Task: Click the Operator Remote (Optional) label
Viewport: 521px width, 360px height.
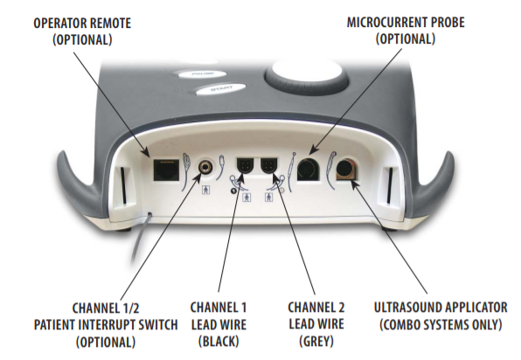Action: [82, 31]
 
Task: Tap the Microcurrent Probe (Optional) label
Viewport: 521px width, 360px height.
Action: [406, 31]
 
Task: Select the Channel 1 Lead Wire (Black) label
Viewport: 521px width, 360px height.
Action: [219, 324]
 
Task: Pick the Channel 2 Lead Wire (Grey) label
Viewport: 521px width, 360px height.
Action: [316, 324]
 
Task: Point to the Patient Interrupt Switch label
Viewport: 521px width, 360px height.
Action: [106, 324]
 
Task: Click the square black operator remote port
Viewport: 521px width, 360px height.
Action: [166, 170]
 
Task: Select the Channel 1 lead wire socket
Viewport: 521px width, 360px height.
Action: [245, 166]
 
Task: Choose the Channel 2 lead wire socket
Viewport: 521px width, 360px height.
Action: [269, 166]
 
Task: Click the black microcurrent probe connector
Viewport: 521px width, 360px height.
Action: [308, 169]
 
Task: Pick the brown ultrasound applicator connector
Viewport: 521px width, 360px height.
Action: [347, 169]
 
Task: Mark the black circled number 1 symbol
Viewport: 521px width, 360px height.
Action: [233, 190]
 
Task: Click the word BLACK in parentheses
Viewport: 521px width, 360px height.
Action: [219, 342]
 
